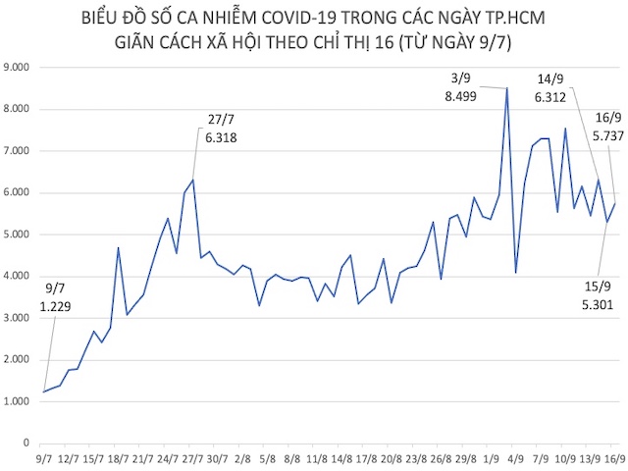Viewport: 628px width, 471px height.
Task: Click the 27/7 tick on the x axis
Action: (x=192, y=458)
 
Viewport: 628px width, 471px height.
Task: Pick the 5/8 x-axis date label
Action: (x=268, y=458)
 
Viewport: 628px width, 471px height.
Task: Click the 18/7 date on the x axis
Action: (x=118, y=458)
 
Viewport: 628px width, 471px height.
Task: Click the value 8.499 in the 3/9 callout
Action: (x=461, y=96)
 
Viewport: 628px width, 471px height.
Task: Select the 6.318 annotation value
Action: (x=222, y=138)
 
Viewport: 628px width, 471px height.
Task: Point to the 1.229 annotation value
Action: (x=57, y=307)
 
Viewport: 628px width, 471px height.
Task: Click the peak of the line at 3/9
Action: (x=507, y=88)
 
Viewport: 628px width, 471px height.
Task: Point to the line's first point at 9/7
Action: (x=43, y=392)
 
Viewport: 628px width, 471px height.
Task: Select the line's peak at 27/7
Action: (x=193, y=180)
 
